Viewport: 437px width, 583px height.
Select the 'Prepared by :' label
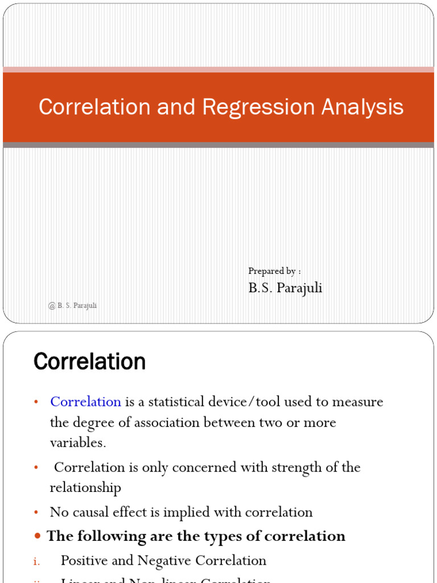click(x=274, y=271)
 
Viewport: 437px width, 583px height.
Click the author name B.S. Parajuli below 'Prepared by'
click(x=285, y=288)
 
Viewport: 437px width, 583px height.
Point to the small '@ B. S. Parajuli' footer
click(x=72, y=306)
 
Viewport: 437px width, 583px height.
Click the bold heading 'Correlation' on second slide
click(x=89, y=362)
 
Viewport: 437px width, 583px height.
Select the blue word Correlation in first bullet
click(x=85, y=402)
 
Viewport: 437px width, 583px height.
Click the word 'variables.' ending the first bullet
click(x=78, y=443)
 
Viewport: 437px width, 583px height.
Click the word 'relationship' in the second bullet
click(x=85, y=488)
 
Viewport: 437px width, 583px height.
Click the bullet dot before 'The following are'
click(x=38, y=537)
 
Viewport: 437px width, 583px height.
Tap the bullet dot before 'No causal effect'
click(x=36, y=512)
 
